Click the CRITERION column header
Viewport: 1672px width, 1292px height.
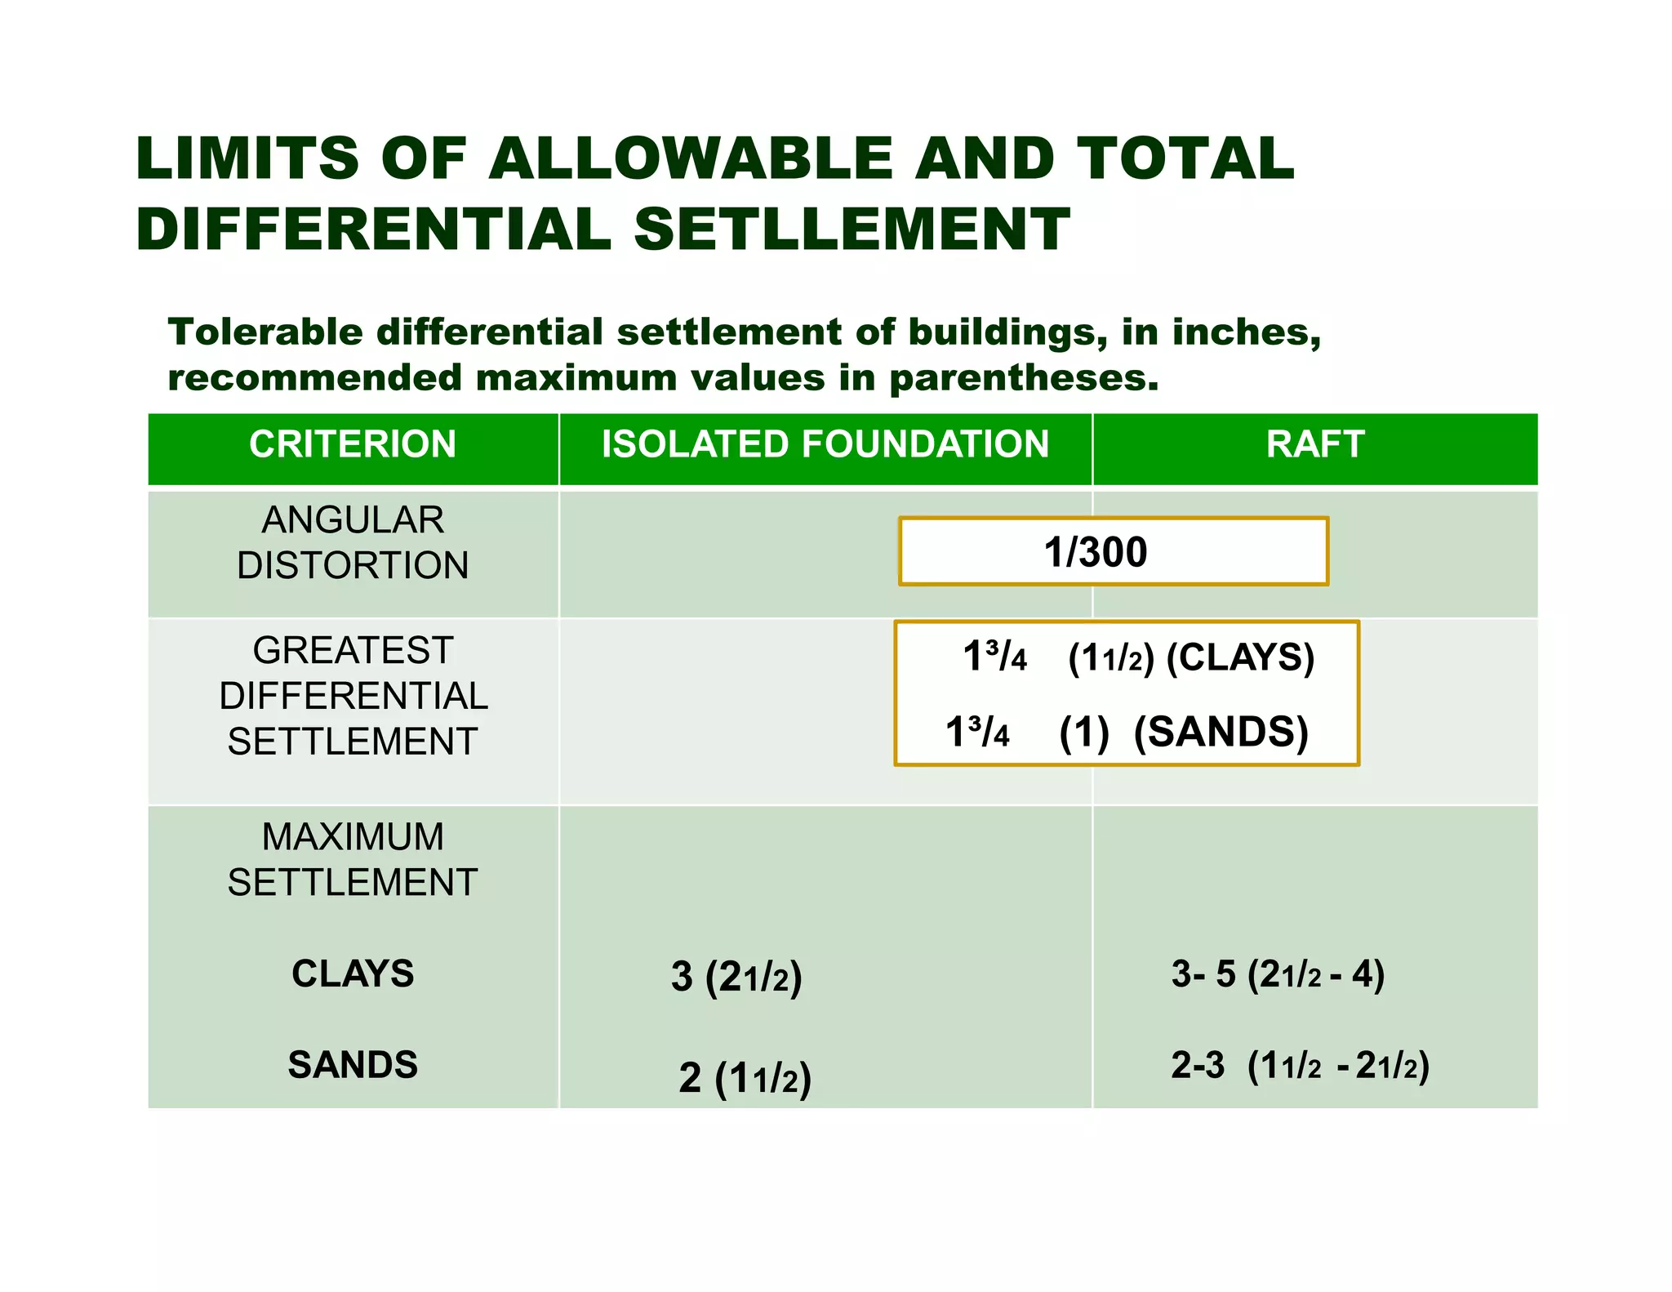353,445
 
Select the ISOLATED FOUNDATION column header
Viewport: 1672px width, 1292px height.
825,445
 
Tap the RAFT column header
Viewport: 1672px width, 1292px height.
1314,445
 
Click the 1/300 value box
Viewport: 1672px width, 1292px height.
1113,551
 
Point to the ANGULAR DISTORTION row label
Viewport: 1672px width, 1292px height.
353,542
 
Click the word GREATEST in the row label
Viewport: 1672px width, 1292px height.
353,651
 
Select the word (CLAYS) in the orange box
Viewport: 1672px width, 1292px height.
1240,657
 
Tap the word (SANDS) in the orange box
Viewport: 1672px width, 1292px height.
1221,732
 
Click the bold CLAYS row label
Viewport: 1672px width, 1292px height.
353,973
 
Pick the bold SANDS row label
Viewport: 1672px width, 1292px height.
353,1065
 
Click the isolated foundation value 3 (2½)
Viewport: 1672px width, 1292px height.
736,977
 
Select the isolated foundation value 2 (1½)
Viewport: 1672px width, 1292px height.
745,1078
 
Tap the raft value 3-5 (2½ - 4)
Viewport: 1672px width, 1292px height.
1278,974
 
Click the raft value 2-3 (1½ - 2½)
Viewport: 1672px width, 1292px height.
1300,1066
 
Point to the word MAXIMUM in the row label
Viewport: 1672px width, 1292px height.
353,837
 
